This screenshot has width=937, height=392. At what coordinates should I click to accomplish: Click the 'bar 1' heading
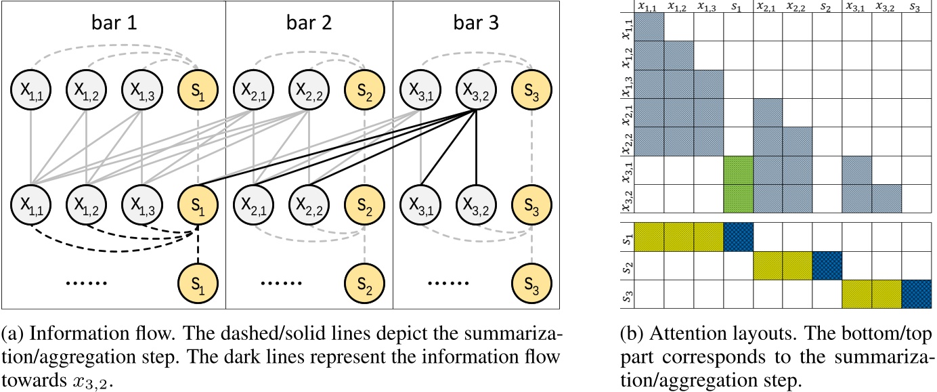(x=114, y=24)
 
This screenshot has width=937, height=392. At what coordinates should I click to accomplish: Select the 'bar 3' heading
(x=476, y=24)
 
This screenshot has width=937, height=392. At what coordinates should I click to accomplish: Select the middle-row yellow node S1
(x=198, y=201)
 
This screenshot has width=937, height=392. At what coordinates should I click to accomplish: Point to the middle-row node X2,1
(x=253, y=201)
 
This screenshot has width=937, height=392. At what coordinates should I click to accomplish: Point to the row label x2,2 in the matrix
(x=628, y=141)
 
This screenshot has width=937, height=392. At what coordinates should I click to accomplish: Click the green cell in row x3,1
(x=739, y=170)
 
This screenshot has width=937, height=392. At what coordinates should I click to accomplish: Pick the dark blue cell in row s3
(x=916, y=294)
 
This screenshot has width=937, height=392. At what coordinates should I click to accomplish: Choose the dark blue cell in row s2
(x=827, y=265)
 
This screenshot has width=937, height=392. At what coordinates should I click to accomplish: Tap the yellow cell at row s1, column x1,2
(x=679, y=236)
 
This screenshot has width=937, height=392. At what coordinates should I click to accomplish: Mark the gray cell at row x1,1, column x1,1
(x=649, y=27)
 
